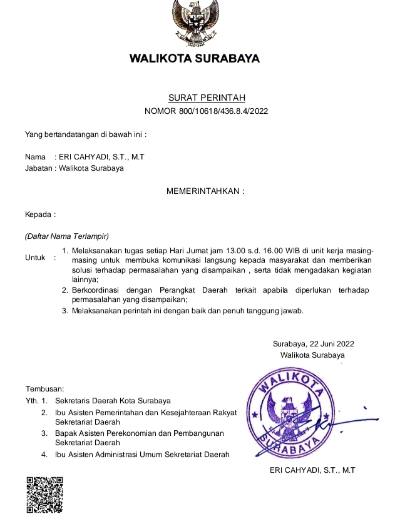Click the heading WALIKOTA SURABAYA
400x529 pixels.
[194, 59]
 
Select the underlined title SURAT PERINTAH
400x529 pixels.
[207, 98]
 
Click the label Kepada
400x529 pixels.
[39, 214]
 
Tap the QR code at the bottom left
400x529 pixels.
[44, 494]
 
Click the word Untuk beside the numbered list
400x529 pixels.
[36, 258]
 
